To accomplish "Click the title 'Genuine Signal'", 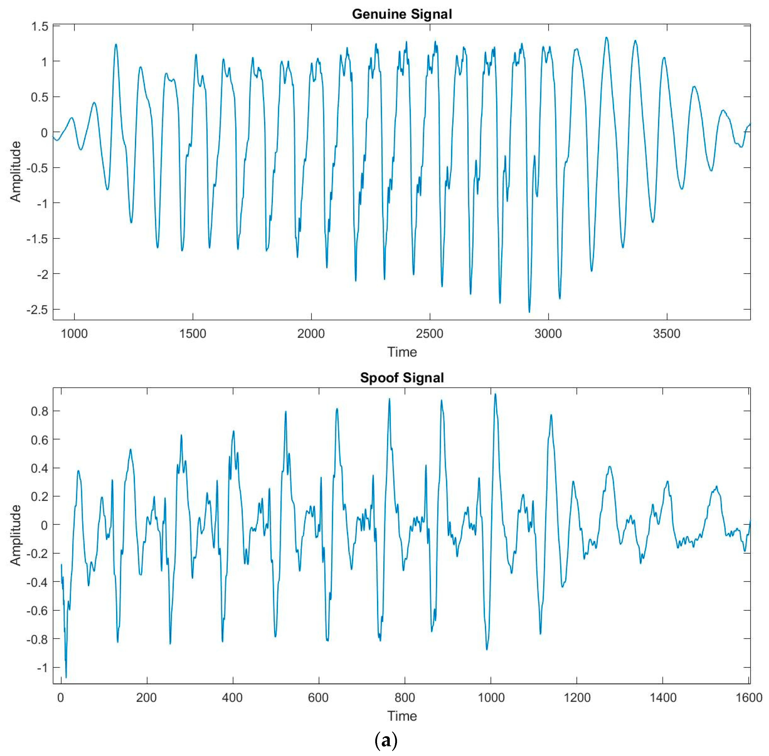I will coord(402,14).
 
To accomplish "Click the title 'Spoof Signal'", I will coord(402,377).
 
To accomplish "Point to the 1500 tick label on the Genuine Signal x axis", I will coord(193,333).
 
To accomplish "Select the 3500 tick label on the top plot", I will coord(667,333).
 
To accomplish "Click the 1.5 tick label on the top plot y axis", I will coord(40,27).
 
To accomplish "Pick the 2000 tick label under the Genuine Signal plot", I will coord(311,333).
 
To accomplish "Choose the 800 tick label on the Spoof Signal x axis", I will coord(405,698).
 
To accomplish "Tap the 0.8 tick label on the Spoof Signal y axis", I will coord(40,411).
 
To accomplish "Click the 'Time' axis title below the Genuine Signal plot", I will coord(402,352).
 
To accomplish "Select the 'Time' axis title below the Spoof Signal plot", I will coord(402,716).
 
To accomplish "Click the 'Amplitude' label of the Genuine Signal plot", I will coord(15,171).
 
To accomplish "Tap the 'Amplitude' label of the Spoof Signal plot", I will coord(15,535).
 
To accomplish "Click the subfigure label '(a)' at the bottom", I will coord(386,741).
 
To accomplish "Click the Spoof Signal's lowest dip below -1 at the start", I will coord(66,677).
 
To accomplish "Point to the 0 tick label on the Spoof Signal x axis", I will coord(61,698).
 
